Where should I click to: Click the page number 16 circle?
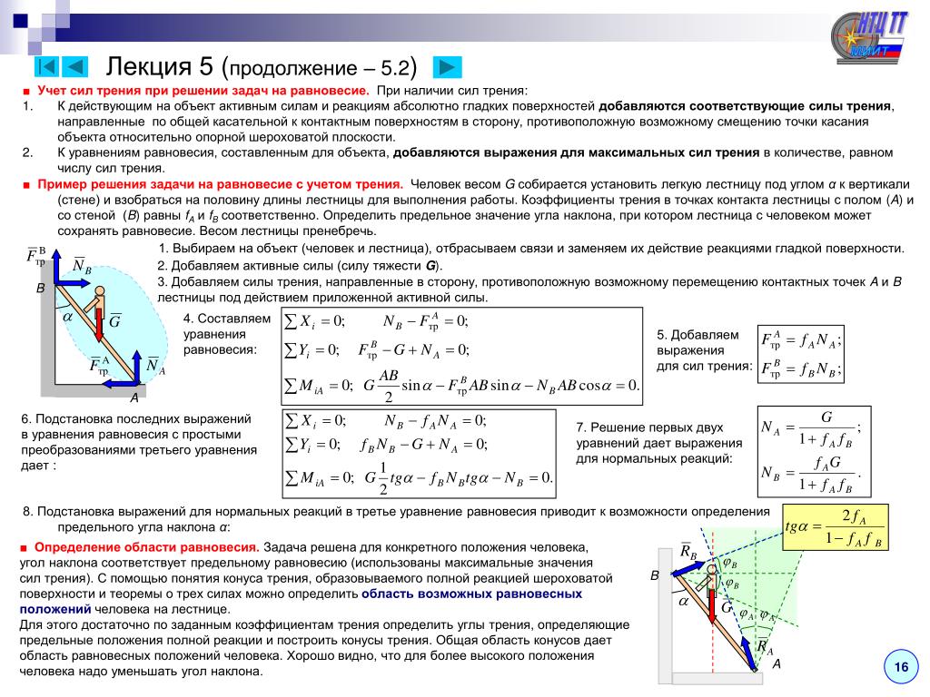[x=901, y=668]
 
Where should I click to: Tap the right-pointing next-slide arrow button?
[x=447, y=66]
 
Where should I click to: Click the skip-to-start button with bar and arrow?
[x=48, y=66]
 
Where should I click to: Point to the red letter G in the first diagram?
[x=114, y=321]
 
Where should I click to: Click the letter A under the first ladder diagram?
[x=134, y=398]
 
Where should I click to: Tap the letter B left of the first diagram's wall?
[x=40, y=288]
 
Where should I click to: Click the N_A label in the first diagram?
[x=155, y=367]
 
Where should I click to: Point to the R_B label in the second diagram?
[x=688, y=552]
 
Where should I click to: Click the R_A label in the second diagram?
[x=765, y=648]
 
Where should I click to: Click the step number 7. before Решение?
[x=582, y=427]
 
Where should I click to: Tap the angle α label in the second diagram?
[x=683, y=602]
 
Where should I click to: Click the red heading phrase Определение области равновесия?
[x=147, y=547]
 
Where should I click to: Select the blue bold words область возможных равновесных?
[x=471, y=594]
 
